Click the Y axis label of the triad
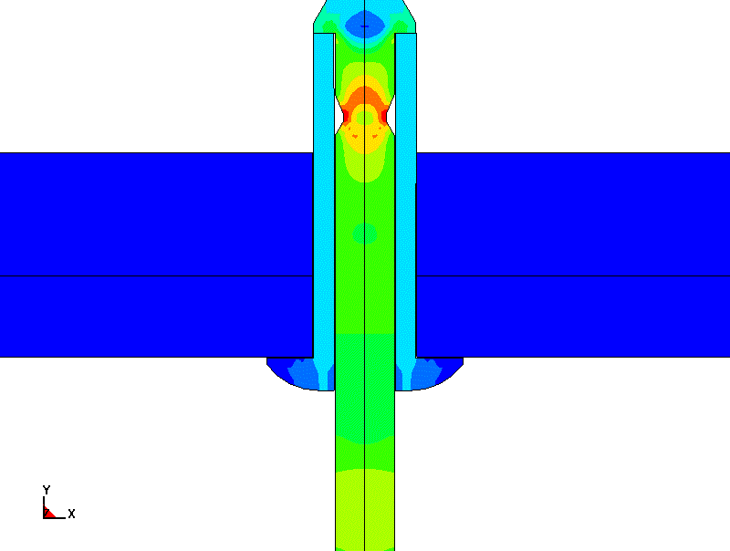[47, 490]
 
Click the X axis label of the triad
[71, 514]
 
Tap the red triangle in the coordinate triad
[49, 513]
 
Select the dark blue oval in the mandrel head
[364, 24]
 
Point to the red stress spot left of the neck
[346, 116]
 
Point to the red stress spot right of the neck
[384, 116]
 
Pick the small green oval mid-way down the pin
[364, 234]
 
